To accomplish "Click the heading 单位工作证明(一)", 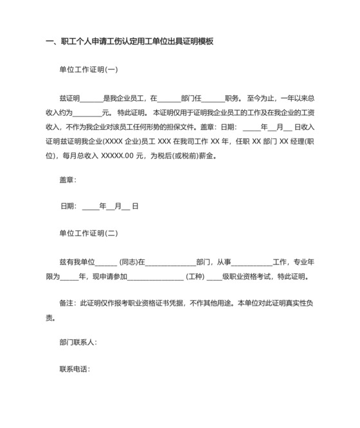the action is tap(88, 70).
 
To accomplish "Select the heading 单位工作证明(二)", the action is tap(88, 234).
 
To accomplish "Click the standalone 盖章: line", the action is tap(67, 180).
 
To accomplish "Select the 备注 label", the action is tap(66, 302).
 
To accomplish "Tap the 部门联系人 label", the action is tap(77, 342).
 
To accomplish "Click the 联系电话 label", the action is tap(74, 369).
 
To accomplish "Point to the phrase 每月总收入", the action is tap(81, 155).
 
